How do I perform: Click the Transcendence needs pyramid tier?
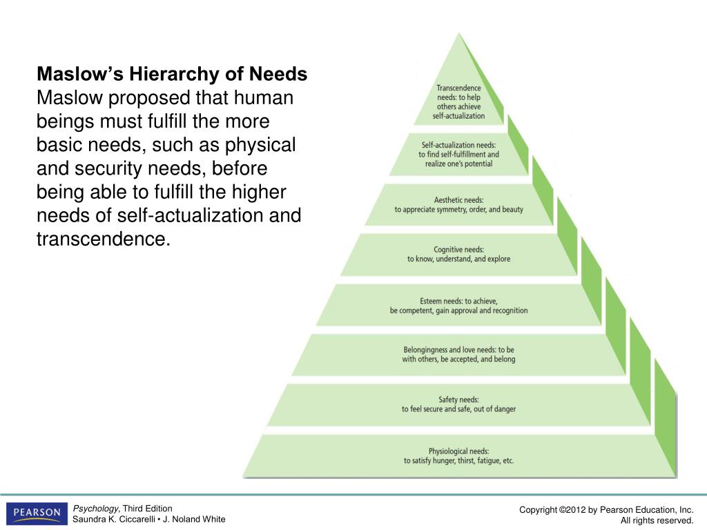[x=459, y=102]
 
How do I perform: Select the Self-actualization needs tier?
[x=459, y=154]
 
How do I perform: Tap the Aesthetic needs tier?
[x=459, y=204]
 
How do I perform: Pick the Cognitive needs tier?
[x=459, y=254]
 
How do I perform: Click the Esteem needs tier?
[x=459, y=305]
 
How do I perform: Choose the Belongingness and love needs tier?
[x=459, y=354]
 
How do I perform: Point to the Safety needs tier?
[x=459, y=404]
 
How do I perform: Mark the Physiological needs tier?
[x=459, y=455]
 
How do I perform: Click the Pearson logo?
[x=37, y=513]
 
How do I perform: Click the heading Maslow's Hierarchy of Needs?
[x=172, y=74]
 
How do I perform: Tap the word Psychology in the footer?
[x=96, y=509]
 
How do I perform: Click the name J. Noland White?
[x=195, y=520]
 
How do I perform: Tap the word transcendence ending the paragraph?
[x=103, y=239]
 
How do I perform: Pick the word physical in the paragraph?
[x=264, y=146]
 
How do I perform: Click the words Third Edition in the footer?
[x=148, y=509]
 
